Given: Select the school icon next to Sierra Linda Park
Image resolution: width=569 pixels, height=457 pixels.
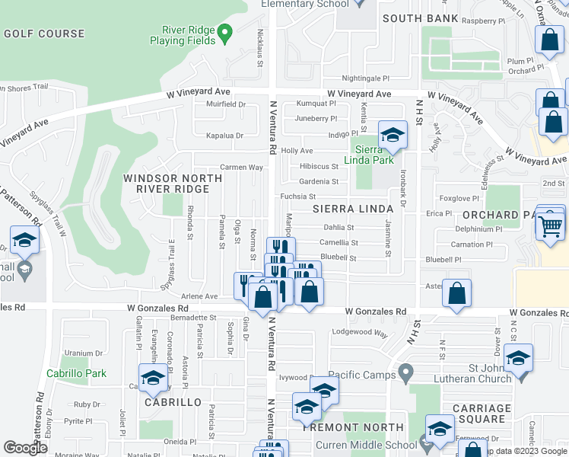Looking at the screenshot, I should click(393, 136).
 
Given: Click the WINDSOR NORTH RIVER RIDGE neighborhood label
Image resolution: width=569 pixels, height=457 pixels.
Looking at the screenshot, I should click(173, 184).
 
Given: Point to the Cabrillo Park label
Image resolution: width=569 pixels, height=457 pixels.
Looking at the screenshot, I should click(76, 373).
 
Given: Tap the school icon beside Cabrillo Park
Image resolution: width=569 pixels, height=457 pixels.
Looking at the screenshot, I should click(153, 377).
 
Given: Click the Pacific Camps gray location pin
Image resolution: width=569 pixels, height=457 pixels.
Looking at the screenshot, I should click(406, 374).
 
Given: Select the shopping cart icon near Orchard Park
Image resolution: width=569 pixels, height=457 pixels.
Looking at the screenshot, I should click(550, 225).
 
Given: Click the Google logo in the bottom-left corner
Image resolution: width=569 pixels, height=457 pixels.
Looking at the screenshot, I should click(25, 448).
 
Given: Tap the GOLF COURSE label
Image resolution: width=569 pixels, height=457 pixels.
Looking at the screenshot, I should click(44, 34).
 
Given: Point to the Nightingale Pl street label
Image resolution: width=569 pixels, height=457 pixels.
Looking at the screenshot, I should click(365, 78).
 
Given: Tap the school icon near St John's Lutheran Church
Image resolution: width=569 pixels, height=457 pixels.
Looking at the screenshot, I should click(518, 357).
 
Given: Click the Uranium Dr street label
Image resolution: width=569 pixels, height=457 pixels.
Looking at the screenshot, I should click(84, 353).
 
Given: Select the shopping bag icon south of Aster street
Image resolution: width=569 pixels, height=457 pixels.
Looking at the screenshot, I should click(456, 294).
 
